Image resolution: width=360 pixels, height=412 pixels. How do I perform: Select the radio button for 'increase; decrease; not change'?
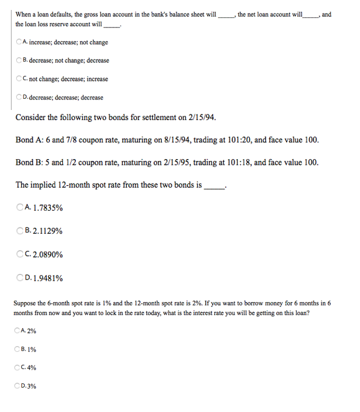click(x=19, y=42)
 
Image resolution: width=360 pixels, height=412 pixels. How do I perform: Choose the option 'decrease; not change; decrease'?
click(x=19, y=60)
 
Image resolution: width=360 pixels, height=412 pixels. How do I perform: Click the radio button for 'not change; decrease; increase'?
click(x=19, y=79)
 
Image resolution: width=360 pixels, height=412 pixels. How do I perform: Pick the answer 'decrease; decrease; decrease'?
click(x=19, y=98)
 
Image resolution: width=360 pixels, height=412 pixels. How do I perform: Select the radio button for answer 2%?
click(x=17, y=330)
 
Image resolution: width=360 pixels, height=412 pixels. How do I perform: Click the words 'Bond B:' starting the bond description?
click(x=31, y=162)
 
